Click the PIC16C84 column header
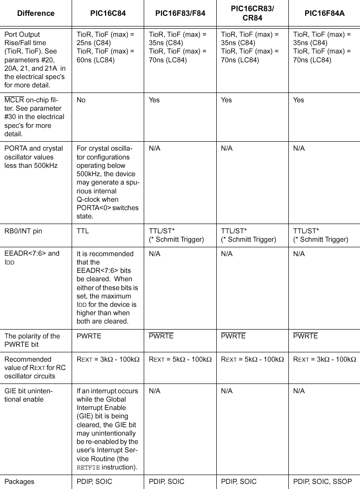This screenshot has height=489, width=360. pos(107,13)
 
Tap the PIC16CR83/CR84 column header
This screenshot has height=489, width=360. pos(252,13)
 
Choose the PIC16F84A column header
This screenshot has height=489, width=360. pos(324,13)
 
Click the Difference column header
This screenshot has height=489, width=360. pos(36,13)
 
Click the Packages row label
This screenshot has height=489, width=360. pos(20,482)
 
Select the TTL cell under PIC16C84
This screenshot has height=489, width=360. pos(83,231)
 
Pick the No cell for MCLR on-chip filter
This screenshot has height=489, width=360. pos(81,100)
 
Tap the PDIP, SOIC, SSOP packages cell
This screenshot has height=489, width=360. pos(322,482)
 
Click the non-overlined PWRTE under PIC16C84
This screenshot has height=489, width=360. pos(89,336)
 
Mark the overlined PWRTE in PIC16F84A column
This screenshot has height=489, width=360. pos(306,336)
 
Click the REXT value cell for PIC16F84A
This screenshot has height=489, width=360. pos(325,359)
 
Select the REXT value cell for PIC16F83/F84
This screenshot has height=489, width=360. pos(180,359)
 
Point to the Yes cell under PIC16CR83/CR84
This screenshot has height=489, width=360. pos(227,100)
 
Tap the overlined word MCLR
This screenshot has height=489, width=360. pos(14,100)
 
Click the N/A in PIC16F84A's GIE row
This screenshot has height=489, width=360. pos(299,391)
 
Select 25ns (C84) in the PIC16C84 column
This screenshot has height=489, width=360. pos(93,43)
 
